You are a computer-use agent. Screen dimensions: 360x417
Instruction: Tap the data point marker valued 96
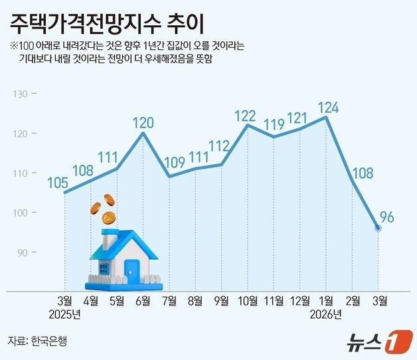[x=378, y=228]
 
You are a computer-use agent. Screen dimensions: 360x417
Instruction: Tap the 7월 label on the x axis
[x=169, y=301]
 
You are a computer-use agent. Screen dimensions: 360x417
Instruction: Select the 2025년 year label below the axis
[x=64, y=314]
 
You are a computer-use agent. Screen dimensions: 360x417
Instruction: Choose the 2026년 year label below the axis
[x=325, y=314]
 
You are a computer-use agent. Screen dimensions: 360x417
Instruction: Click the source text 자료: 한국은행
[x=38, y=341]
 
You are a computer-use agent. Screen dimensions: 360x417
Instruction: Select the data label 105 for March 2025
[x=60, y=182]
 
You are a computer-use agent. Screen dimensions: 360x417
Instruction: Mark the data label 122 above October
[x=246, y=116]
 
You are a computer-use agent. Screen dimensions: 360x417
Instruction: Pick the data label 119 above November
[x=273, y=124]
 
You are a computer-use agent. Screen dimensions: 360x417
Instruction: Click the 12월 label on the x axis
[x=299, y=301]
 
